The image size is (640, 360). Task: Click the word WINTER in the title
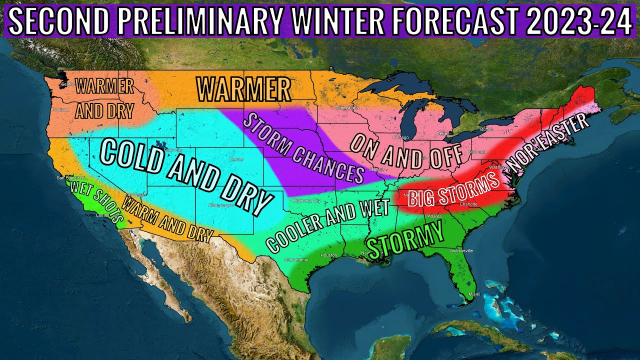[341, 21]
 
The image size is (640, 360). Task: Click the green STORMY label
[405, 238]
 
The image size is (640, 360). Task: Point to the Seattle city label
[67, 84]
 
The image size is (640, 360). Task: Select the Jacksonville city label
[460, 250]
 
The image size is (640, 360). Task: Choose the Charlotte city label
[469, 204]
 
